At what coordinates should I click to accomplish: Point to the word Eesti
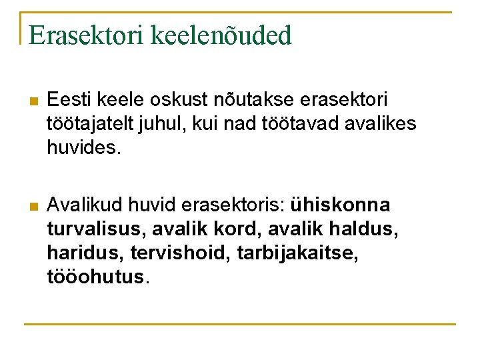click(x=69, y=100)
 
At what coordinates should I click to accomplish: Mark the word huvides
click(x=83, y=147)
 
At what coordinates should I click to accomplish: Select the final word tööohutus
click(x=95, y=276)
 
